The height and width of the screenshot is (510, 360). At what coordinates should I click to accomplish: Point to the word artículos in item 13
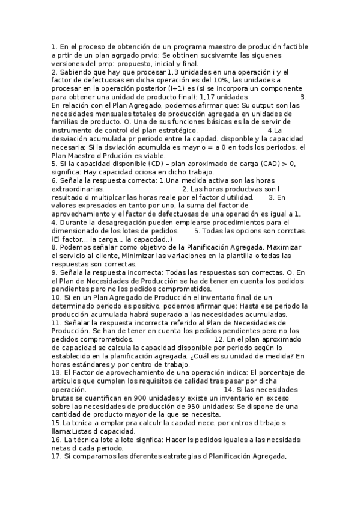[x=68, y=381]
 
